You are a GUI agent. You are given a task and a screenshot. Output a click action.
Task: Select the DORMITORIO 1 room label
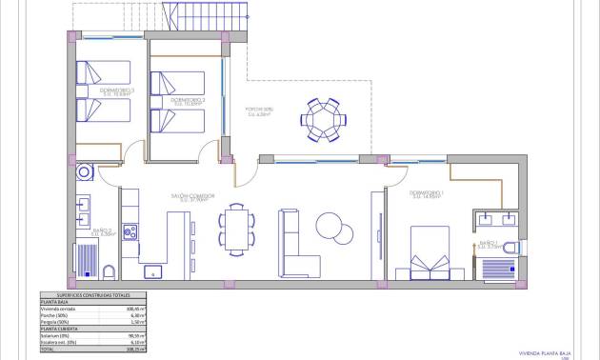[427, 194]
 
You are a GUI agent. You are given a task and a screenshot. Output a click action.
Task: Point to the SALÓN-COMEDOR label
[192, 197]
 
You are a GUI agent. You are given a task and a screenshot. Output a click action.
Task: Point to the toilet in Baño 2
[108, 271]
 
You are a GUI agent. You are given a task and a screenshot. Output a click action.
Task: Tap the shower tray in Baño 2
[87, 260]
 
